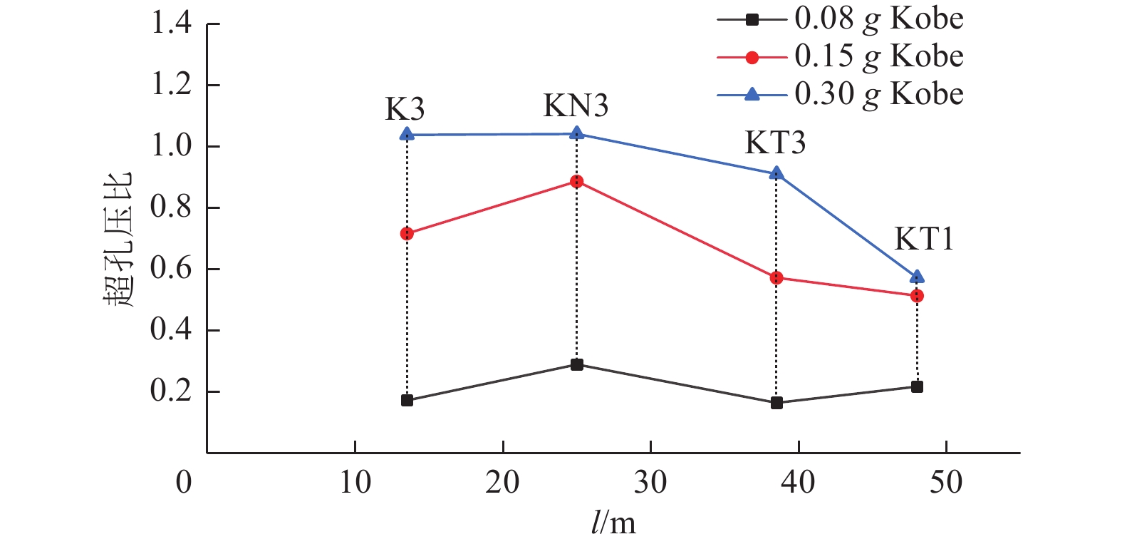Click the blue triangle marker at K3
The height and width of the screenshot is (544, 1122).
(407, 134)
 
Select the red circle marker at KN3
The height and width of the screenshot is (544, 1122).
(577, 182)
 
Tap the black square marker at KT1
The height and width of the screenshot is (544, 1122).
(918, 387)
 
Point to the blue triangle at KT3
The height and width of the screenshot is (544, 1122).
(776, 173)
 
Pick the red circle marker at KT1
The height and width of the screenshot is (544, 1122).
(918, 296)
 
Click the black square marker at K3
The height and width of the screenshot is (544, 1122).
(407, 401)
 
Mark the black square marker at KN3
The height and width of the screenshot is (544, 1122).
(577, 365)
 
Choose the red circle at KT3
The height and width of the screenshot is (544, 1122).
(776, 278)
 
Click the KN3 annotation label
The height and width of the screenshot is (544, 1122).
(576, 106)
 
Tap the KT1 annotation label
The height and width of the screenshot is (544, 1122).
(924, 240)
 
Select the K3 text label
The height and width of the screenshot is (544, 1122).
(405, 110)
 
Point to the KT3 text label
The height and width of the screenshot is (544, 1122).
(775, 143)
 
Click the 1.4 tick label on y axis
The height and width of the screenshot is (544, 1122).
(172, 24)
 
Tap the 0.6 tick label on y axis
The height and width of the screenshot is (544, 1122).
(172, 270)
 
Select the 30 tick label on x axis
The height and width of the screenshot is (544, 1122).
(650, 483)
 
